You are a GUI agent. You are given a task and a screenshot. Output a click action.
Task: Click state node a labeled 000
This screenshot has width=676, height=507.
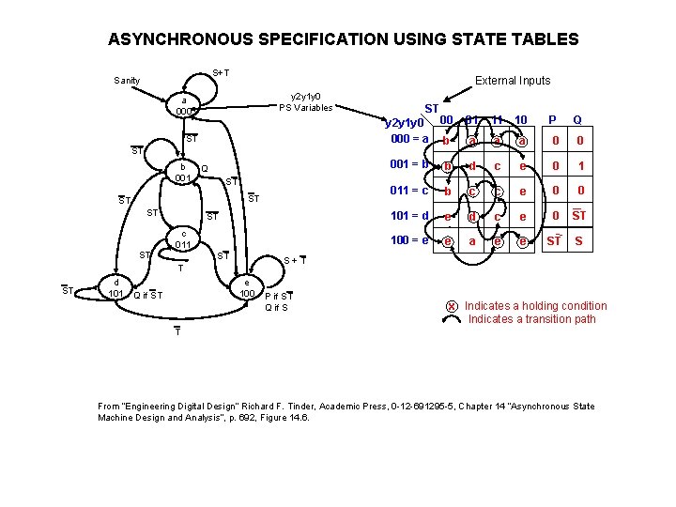pyautogui.click(x=185, y=106)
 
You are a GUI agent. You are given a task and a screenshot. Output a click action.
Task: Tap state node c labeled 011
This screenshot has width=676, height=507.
pyautogui.click(x=184, y=240)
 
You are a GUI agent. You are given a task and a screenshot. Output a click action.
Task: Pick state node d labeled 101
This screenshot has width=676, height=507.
pyautogui.click(x=116, y=287)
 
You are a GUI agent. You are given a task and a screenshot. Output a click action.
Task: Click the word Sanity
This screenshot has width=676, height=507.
pyautogui.click(x=127, y=81)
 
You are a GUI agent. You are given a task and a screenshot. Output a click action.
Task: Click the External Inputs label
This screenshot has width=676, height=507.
pyautogui.click(x=513, y=81)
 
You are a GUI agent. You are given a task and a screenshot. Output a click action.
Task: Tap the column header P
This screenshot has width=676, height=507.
pyautogui.click(x=552, y=120)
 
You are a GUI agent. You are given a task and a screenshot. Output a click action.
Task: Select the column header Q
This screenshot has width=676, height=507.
pyautogui.click(x=577, y=120)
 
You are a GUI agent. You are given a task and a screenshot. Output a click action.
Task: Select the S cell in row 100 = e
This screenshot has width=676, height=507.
pyautogui.click(x=578, y=241)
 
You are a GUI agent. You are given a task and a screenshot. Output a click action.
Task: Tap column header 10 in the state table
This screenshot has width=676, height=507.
pyautogui.click(x=522, y=119)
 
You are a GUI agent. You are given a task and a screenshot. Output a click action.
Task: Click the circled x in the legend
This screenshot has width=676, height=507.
pyautogui.click(x=452, y=306)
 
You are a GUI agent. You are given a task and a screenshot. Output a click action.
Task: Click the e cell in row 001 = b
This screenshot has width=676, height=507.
pyautogui.click(x=523, y=166)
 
